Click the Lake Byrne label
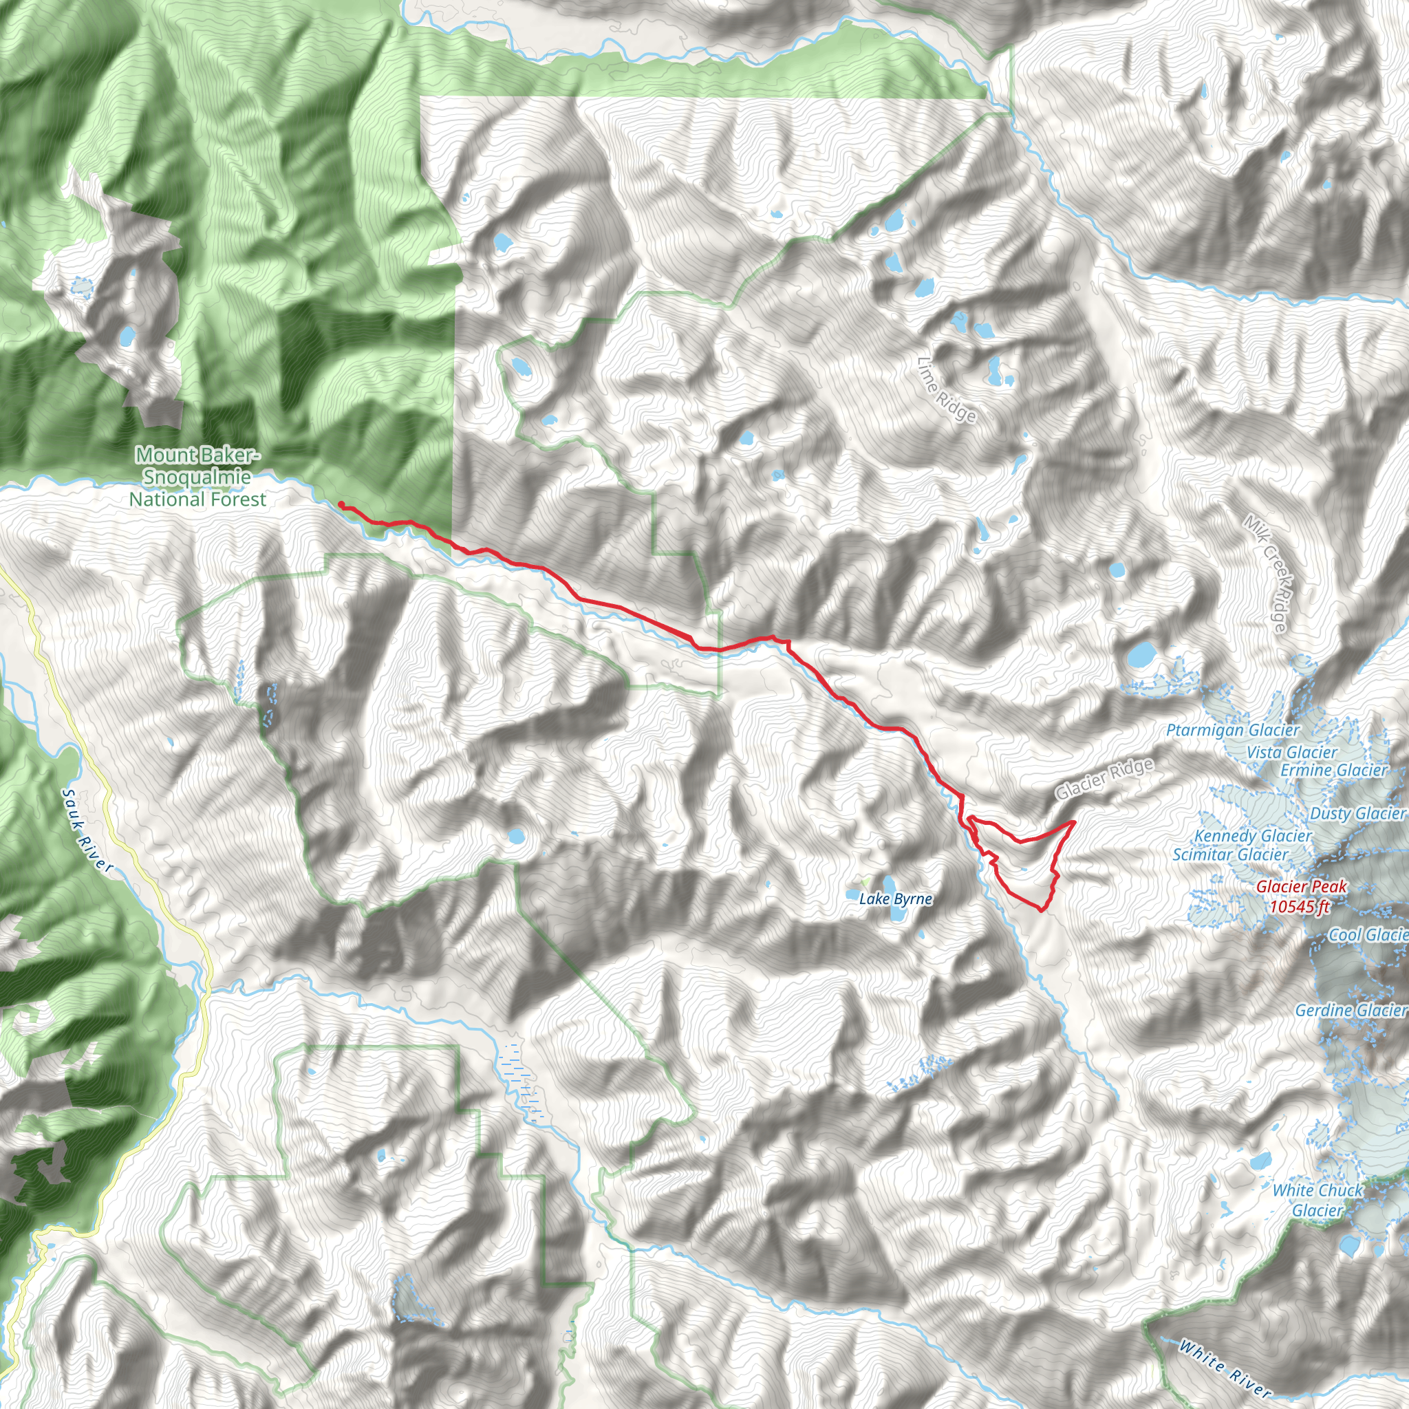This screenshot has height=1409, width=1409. tap(895, 899)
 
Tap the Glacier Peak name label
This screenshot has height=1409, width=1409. tap(1301, 887)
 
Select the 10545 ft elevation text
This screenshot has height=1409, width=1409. tap(1300, 907)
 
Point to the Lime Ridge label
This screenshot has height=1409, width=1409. tap(947, 389)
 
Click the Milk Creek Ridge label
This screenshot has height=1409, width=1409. tap(1265, 573)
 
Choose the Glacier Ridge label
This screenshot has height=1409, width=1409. tap(1104, 778)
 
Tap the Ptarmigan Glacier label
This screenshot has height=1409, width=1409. tap(1232, 730)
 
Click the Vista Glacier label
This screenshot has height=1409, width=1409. tap(1291, 752)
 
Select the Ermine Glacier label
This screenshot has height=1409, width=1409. tap(1334, 770)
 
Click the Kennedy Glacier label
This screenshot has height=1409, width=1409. tap(1253, 836)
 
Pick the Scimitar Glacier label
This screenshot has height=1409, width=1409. tap(1230, 854)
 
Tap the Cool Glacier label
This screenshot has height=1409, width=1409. tap(1368, 934)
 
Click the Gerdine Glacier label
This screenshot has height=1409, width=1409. tap(1351, 1010)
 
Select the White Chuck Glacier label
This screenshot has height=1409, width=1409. tap(1317, 1200)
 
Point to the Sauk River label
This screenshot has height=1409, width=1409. tap(87, 830)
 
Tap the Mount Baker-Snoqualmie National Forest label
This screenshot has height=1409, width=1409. tap(197, 477)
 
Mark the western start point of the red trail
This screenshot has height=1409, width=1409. tap(341, 504)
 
